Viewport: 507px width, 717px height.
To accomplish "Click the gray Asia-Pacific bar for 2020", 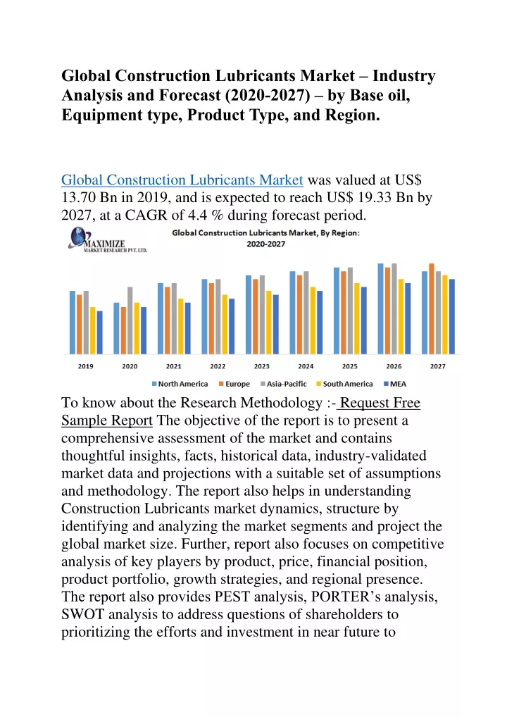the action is tap(130, 320).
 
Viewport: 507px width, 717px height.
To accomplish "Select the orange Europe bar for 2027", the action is tap(432, 308).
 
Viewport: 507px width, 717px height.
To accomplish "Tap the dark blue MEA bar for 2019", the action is tap(100, 332).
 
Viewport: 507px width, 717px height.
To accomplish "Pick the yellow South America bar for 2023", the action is tap(269, 323).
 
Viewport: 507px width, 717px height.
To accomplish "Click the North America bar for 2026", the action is tap(380, 308).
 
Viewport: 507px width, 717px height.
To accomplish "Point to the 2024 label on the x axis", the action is tap(306, 366).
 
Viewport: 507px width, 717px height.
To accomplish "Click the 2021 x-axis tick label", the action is tap(174, 366).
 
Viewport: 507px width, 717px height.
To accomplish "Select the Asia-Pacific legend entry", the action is tap(284, 384).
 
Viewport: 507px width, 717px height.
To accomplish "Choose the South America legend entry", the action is tap(345, 384).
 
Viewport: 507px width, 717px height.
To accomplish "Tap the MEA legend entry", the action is tap(395, 384).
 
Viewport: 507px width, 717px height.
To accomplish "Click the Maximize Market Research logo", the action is tap(108, 240).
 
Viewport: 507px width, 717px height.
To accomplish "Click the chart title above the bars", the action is tap(265, 238).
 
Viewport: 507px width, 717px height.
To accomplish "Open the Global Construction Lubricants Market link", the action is tap(182, 180).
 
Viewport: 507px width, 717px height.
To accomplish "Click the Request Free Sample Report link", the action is tap(241, 411).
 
